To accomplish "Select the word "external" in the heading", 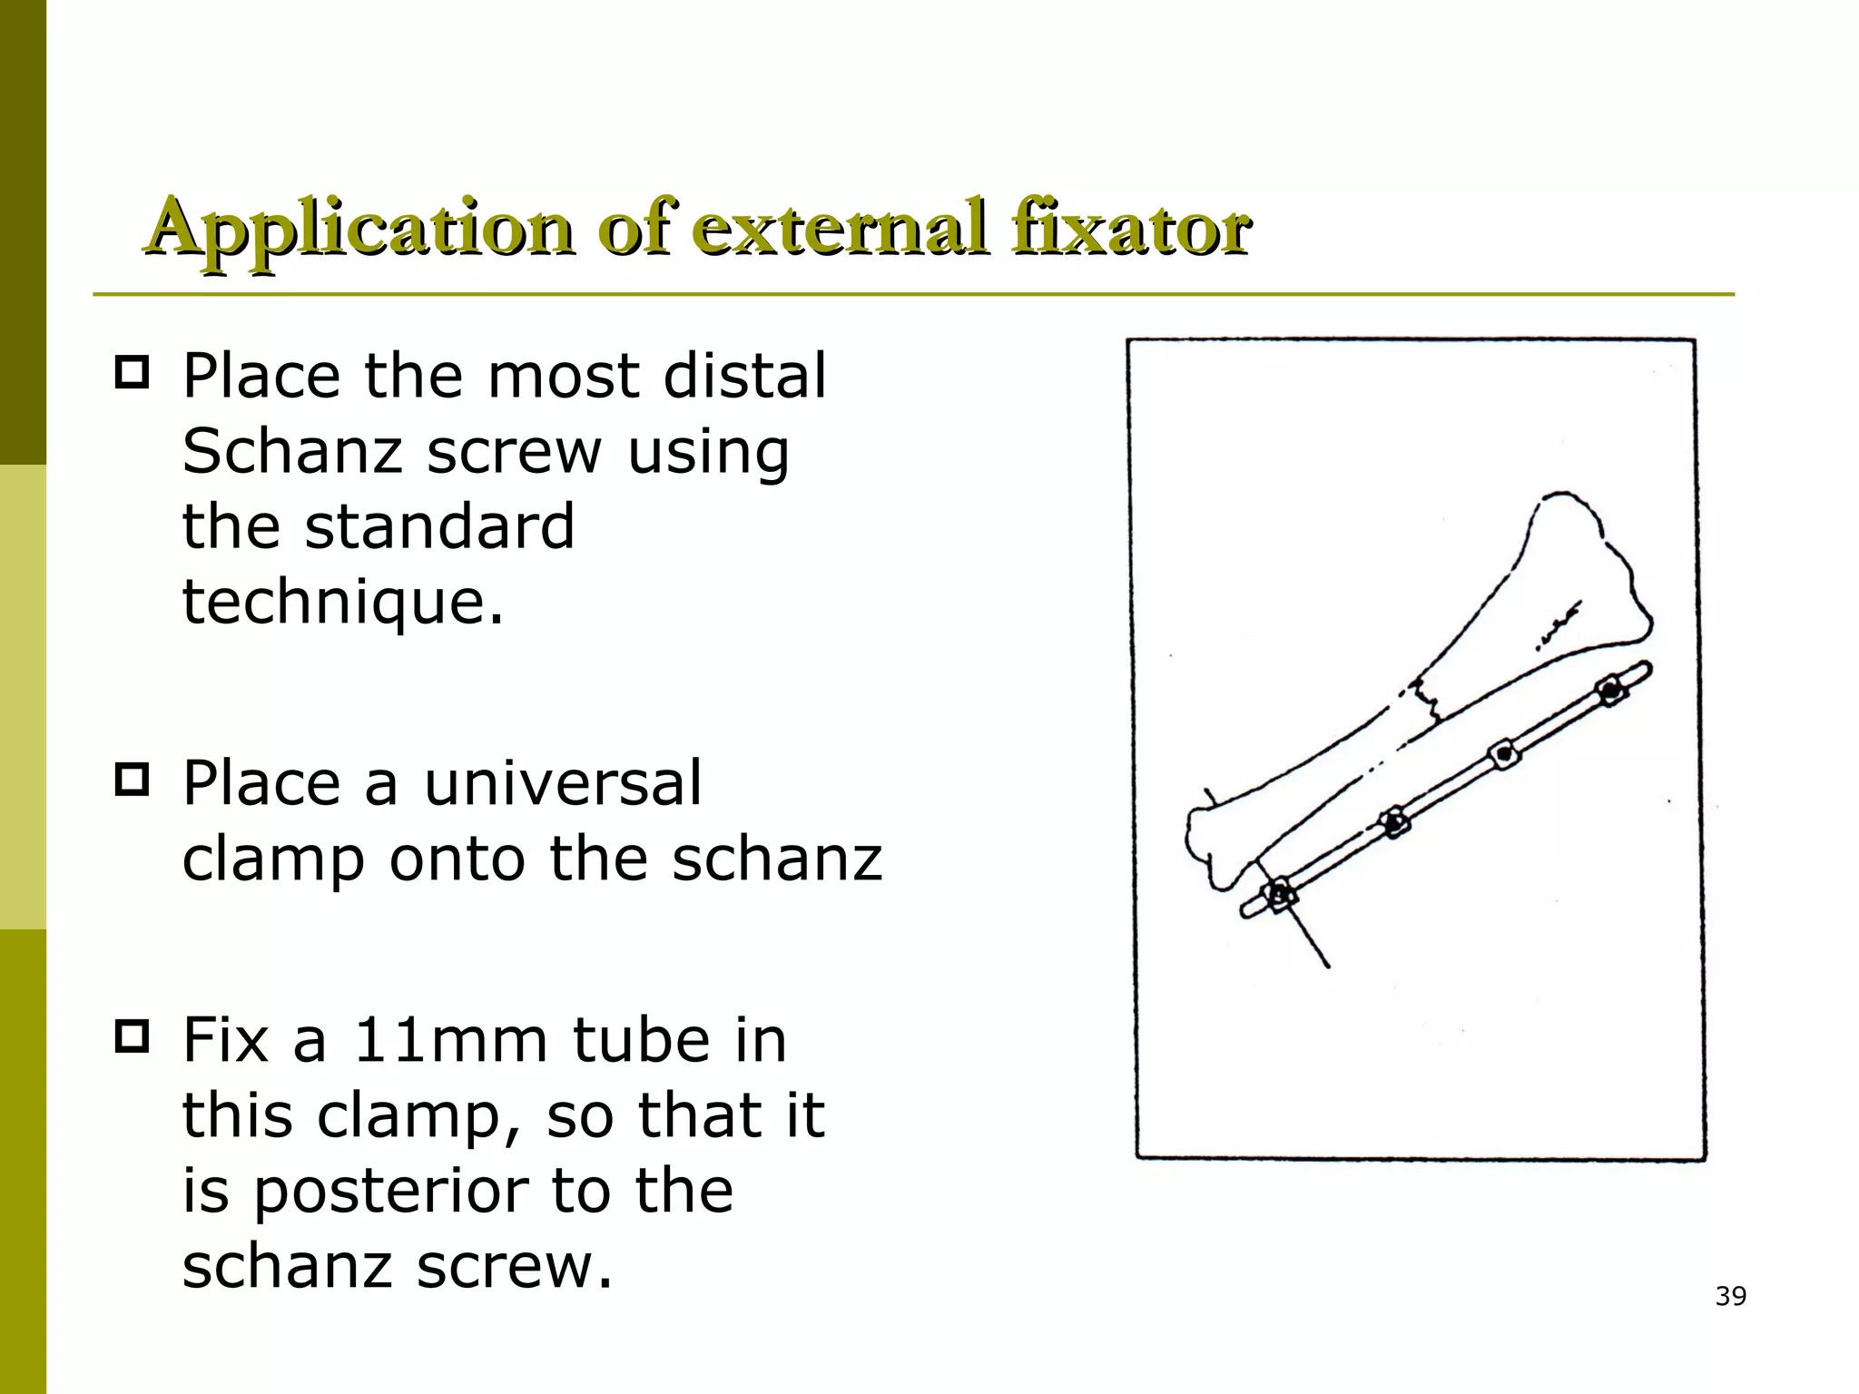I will pyautogui.click(x=840, y=227).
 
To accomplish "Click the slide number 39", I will pyautogui.click(x=1731, y=1296).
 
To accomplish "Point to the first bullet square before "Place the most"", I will pyautogui.click(x=133, y=374).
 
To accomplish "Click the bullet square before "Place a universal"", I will pyautogui.click(x=133, y=780).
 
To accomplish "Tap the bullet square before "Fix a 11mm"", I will pyautogui.click(x=133, y=1037).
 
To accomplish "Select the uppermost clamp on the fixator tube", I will pyautogui.click(x=1609, y=691).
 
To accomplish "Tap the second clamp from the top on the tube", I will pyautogui.click(x=1503, y=753).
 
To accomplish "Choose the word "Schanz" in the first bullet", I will pyautogui.click(x=291, y=450).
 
